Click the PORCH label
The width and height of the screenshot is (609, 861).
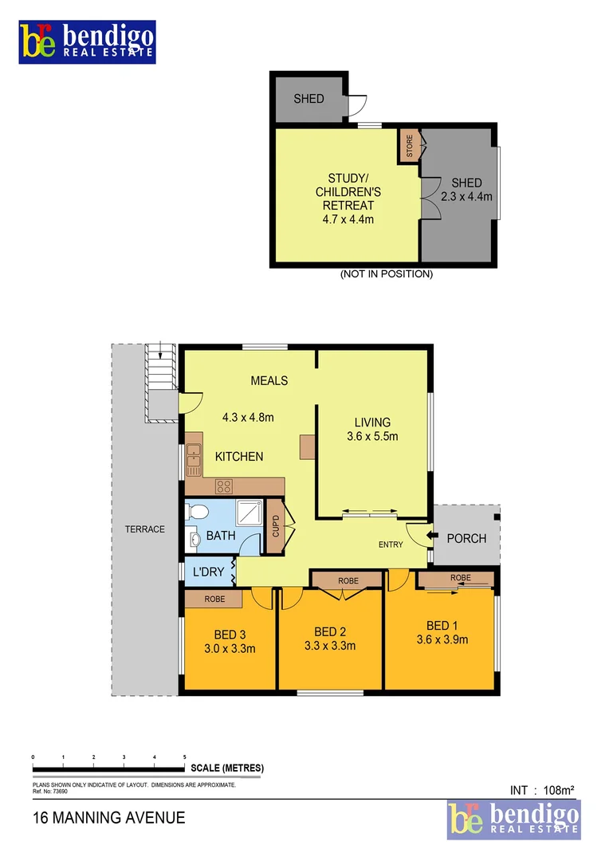click(x=466, y=538)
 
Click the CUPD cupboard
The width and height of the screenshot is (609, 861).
click(x=276, y=527)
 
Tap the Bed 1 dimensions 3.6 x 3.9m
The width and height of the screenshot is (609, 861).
click(x=442, y=639)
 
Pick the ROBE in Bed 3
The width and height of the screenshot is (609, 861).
click(x=214, y=599)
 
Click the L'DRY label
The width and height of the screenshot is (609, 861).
click(x=208, y=572)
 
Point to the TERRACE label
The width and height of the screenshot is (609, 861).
click(x=144, y=529)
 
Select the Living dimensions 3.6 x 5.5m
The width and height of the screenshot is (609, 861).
click(x=371, y=436)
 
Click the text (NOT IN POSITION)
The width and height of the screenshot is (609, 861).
click(x=386, y=273)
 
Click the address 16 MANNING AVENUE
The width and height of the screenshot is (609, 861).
click(x=108, y=817)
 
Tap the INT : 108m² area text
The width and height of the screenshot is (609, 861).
click(x=542, y=790)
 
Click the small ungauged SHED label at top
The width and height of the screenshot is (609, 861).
click(x=308, y=99)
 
